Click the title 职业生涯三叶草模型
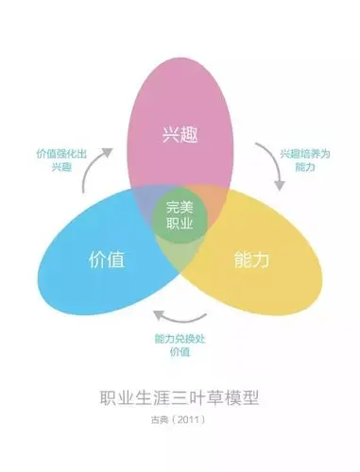pos(179,399)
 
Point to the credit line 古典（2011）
pos(179,422)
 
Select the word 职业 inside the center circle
pos(179,227)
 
